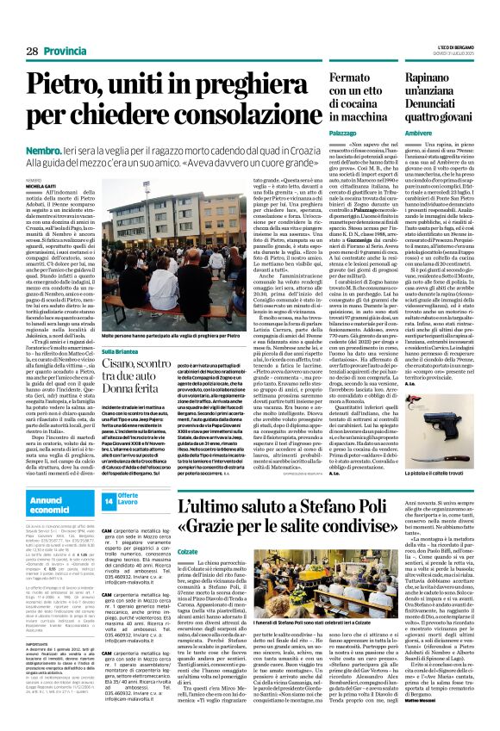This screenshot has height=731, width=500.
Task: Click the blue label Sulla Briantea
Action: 122,351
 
